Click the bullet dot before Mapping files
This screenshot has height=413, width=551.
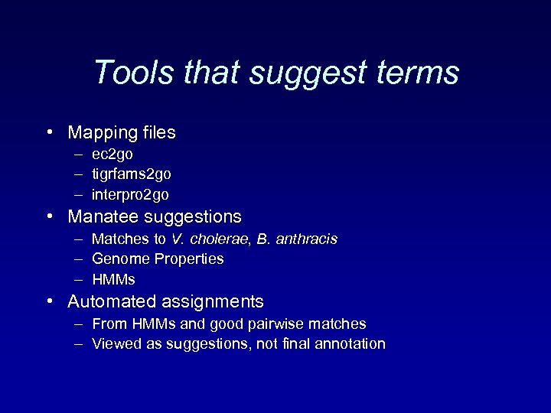click(49, 132)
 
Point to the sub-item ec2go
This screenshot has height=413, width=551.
click(112, 154)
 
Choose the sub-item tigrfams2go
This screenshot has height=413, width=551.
click(131, 174)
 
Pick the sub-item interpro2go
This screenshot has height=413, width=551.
click(130, 195)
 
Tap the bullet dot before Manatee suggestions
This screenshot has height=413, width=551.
click(49, 216)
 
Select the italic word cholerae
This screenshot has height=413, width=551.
click(218, 239)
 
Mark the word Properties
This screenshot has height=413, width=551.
click(188, 259)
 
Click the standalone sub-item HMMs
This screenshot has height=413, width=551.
click(113, 279)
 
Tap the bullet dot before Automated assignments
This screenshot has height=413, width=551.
click(49, 301)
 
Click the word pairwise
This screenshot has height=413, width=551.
click(283, 324)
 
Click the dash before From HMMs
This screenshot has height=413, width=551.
click(79, 324)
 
